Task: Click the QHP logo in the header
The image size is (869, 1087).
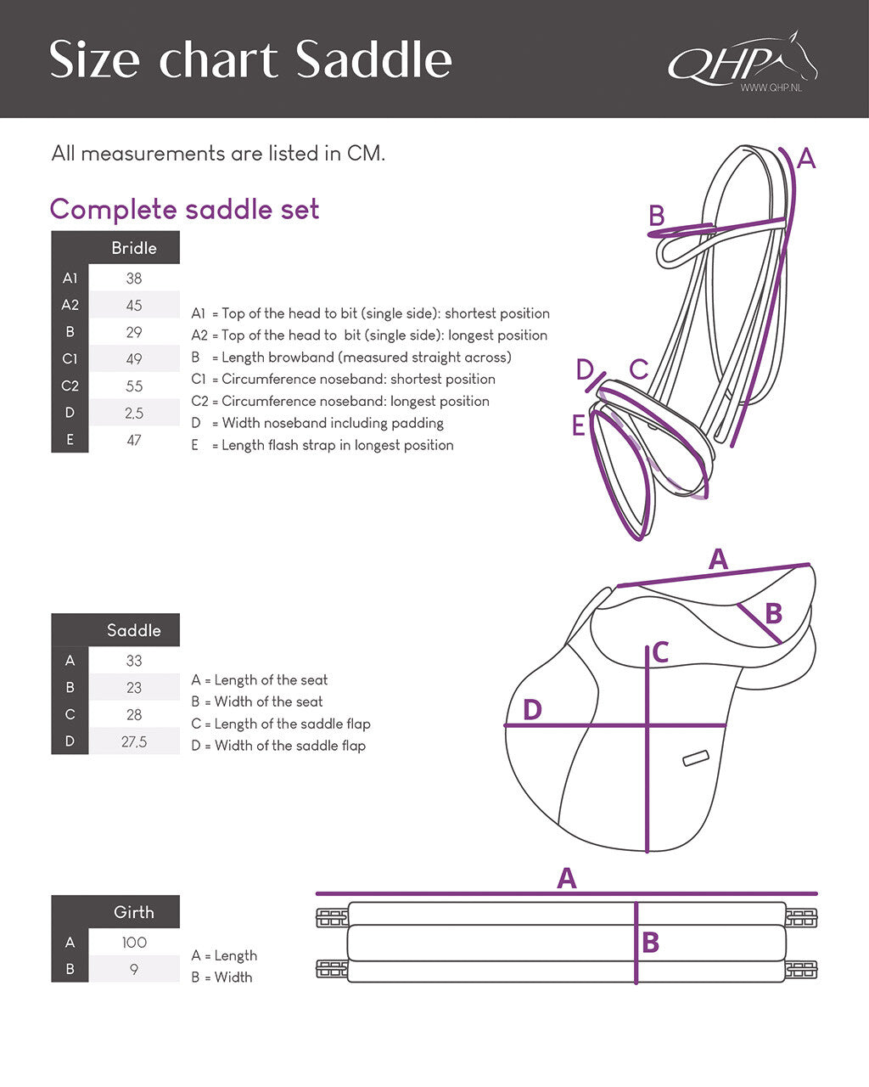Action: coord(741,62)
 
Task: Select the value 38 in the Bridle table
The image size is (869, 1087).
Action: coord(134,279)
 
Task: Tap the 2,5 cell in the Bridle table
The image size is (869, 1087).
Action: coord(134,414)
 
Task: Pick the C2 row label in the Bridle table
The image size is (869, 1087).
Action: coord(70,386)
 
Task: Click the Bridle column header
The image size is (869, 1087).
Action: coord(134,248)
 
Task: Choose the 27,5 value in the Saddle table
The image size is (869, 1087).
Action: coord(134,742)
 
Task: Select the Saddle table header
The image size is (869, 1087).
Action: coord(134,630)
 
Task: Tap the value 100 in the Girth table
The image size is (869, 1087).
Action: coord(134,943)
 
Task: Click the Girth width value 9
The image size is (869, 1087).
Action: coord(134,969)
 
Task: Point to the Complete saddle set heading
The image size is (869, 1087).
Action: coord(184,209)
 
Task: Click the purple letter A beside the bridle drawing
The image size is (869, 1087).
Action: coord(805,158)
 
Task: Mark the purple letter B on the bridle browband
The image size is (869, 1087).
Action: coord(656,216)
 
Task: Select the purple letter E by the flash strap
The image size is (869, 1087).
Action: coord(579,425)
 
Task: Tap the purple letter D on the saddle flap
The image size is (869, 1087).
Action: coord(532,709)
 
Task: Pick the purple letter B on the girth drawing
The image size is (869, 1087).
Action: coord(650,943)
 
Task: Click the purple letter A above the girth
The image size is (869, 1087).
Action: coord(566,878)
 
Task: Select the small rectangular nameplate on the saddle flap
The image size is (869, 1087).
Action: coord(696,758)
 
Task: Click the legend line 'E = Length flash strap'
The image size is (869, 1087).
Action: coord(322,445)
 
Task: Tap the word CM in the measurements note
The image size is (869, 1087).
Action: coord(365,154)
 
